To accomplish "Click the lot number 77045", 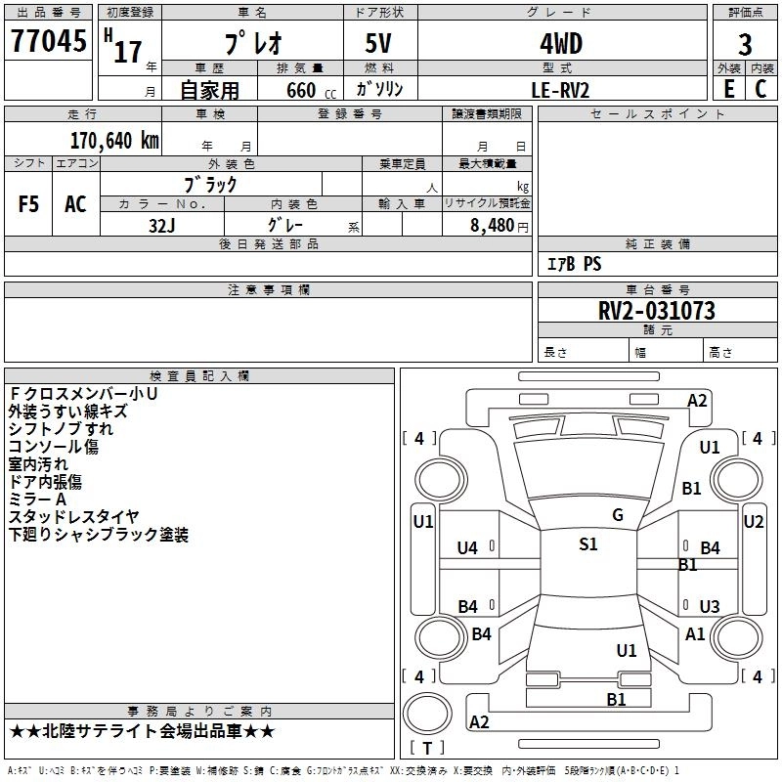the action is coord(48,41).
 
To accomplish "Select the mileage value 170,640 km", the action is coord(114,141).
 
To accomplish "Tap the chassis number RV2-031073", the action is coord(656,311).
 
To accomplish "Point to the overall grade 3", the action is coord(745,44).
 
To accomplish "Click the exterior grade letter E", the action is coord(728,89).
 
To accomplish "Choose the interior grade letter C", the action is coord(760,89).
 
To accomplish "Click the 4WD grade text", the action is coord(561,44).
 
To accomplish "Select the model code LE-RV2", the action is coord(560,90).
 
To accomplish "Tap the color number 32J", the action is coord(161,226).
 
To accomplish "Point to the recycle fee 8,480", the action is coord(493,226).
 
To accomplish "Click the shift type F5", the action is coord(28,204).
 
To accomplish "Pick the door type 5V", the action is coord(378,43).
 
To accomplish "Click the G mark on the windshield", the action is coord(618,515).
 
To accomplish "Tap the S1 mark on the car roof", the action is coord(588,544).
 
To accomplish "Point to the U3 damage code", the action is coord(710,606).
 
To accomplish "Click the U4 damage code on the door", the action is coord(467,548).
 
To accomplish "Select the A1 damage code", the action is coord(695,634).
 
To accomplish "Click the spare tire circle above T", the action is coord(427,713).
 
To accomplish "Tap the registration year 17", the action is coord(128,52).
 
